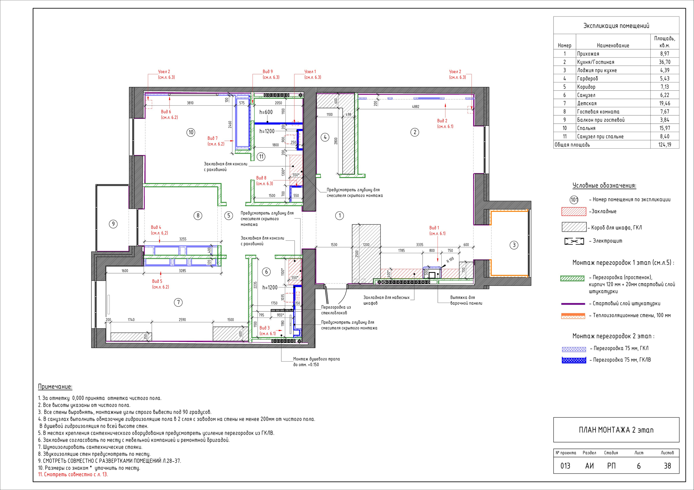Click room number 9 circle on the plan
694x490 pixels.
point(113,224)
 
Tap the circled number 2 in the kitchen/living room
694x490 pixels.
point(415,132)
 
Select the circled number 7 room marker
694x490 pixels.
point(178,302)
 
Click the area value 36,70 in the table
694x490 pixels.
point(665,62)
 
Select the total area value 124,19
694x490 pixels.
point(665,145)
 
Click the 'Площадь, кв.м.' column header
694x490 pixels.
point(665,42)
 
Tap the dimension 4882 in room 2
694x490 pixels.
point(416,107)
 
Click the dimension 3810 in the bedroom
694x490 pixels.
point(190,103)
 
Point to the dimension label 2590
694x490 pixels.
point(182,319)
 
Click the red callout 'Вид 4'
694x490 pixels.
point(156,227)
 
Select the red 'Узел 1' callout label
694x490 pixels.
point(310,71)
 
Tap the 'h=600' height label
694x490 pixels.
point(266,112)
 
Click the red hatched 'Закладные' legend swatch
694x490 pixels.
point(574,212)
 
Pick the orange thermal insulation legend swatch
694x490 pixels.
point(573,316)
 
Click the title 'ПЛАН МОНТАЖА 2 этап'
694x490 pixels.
point(616,430)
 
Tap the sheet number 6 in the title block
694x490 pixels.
point(639,466)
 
